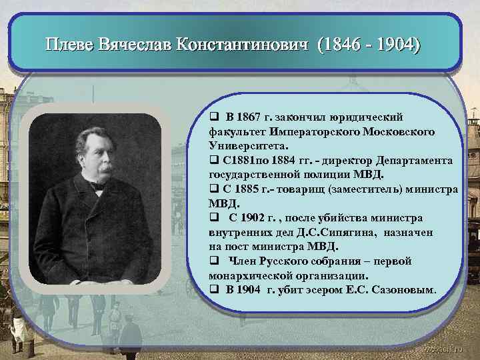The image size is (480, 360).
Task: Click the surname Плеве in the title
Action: pyautogui.click(x=69, y=46)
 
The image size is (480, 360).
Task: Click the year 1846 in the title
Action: pyautogui.click(x=344, y=46)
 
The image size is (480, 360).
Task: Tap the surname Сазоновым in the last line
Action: pyautogui.click(x=405, y=289)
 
